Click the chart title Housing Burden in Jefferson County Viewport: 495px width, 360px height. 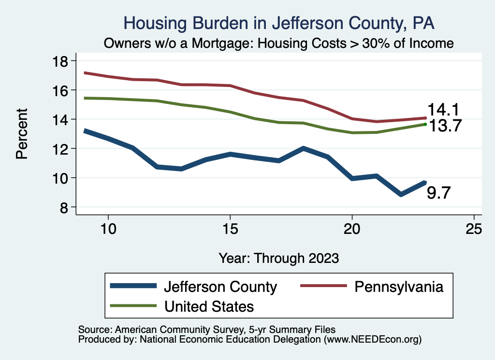279,23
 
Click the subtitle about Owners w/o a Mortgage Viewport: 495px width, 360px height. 279,43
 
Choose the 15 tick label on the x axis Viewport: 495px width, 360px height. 230,229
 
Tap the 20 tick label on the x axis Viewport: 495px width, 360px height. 352,229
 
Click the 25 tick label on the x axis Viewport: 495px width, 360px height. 474,229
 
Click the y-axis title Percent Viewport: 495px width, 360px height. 22,134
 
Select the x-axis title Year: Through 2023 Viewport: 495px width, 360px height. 279,258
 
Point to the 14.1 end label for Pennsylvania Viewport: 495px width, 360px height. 442,110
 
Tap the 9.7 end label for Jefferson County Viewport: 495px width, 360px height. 439,193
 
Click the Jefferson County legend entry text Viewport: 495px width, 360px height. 220,287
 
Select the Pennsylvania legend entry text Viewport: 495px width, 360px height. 399,287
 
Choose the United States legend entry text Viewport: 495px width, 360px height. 209,306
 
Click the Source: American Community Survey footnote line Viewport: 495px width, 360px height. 207,330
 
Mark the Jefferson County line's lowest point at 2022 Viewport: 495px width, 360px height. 401,194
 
